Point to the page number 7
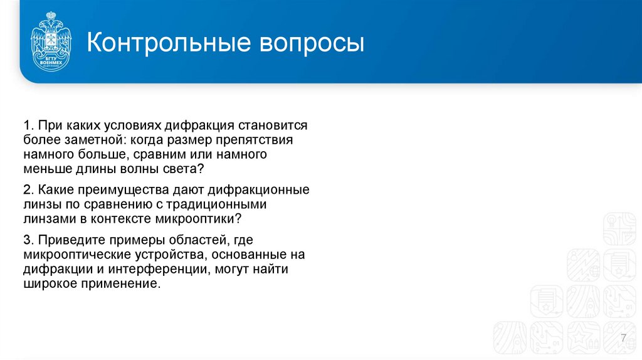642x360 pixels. point(623,339)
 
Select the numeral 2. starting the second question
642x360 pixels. point(29,189)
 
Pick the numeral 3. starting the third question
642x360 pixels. point(29,240)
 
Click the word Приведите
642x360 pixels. point(68,240)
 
